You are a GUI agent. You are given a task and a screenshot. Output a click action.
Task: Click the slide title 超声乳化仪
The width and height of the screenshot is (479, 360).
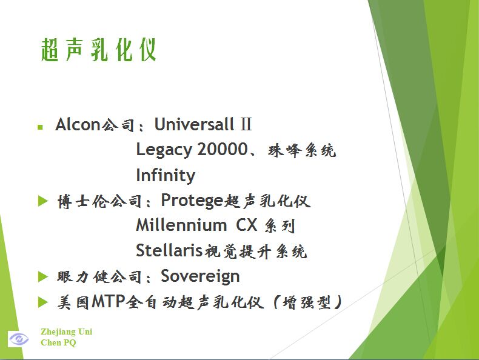(x=99, y=50)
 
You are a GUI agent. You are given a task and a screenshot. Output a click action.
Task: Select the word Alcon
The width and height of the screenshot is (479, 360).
(x=78, y=125)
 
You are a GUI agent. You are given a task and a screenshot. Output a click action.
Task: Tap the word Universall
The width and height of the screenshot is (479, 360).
(x=194, y=124)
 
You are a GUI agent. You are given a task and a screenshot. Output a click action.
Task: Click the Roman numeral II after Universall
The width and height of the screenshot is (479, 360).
(x=246, y=125)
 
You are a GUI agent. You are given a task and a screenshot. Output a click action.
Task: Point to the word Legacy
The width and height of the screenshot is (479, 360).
(x=164, y=151)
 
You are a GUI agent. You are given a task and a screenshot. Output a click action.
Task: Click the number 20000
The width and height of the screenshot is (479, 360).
(x=222, y=150)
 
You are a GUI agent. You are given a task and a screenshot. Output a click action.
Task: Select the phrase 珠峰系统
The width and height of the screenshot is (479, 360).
(x=302, y=150)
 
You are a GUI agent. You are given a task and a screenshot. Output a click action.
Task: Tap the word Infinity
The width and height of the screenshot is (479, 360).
(x=166, y=175)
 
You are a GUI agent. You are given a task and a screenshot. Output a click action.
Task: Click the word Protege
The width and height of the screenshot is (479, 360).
(x=192, y=201)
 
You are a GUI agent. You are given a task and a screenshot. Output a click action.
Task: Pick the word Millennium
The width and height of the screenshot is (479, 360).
(x=181, y=225)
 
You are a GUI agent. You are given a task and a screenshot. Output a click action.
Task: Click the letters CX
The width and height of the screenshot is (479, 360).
(x=247, y=225)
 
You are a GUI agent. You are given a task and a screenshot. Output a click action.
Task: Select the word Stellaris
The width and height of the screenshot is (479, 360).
(x=169, y=250)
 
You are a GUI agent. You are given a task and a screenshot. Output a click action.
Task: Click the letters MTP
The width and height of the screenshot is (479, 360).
(x=108, y=301)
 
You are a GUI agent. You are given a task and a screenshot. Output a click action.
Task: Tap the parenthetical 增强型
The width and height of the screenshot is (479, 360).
(x=307, y=302)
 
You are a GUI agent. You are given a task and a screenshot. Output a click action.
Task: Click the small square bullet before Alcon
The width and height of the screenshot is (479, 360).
(x=40, y=127)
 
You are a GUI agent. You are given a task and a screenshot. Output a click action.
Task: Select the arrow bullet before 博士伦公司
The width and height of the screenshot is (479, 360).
(x=43, y=201)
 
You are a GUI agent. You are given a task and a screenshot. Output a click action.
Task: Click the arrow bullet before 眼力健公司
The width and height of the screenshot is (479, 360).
(x=43, y=277)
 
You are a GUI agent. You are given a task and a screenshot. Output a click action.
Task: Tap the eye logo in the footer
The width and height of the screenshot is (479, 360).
(x=18, y=339)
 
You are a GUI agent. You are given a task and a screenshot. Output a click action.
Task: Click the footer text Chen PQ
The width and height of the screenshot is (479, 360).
(x=58, y=342)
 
